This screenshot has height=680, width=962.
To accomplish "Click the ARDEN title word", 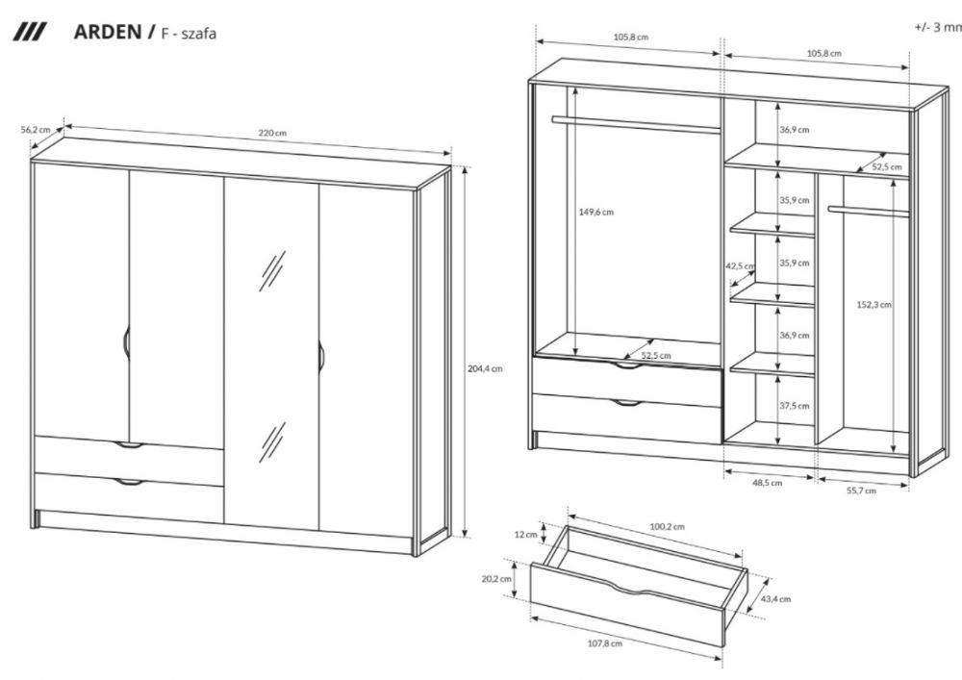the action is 108,32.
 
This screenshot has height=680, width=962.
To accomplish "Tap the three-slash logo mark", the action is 30,32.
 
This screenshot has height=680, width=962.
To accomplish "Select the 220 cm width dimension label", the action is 272,133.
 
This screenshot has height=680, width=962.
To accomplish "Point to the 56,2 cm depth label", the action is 35,130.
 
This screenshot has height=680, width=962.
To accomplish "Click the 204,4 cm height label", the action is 485,368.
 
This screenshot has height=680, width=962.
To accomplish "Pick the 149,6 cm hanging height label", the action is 595,213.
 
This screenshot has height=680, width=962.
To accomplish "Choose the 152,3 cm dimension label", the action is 874,304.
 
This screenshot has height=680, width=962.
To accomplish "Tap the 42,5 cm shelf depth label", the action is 740,266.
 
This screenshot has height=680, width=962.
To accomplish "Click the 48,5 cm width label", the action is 768,483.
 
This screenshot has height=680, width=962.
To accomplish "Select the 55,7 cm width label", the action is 861,490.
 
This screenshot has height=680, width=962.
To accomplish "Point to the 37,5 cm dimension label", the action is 795,406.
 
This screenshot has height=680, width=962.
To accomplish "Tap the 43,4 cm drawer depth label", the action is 775,599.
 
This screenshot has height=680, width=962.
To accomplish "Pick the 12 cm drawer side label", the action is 525,535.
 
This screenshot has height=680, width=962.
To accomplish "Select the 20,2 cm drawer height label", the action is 496,579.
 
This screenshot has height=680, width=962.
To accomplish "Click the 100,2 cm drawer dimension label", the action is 667,526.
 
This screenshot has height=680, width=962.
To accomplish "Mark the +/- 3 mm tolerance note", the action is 938,27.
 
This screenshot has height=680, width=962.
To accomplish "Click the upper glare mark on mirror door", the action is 272,271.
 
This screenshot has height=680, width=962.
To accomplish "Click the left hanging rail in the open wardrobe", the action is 636,124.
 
